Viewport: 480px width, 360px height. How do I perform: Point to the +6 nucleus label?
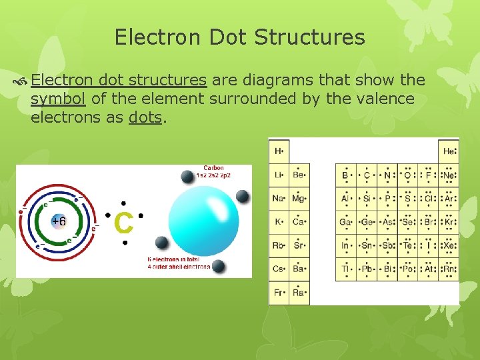(59, 221)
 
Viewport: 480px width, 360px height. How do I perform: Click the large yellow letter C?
(124, 223)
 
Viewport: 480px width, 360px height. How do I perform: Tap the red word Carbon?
(213, 168)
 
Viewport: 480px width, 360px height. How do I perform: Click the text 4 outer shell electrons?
(179, 267)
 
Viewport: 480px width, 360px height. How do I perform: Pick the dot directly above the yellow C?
(123, 203)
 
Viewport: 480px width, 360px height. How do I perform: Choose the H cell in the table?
(279, 151)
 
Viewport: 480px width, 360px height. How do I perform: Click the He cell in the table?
(450, 151)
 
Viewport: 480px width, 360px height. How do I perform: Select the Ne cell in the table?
(450, 175)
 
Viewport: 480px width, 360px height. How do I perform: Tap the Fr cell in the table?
(279, 293)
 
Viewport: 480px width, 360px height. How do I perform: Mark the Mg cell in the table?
(299, 199)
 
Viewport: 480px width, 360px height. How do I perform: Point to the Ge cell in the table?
(366, 222)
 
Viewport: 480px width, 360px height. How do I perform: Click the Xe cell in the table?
(450, 245)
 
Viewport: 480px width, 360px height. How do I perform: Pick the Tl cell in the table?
(346, 269)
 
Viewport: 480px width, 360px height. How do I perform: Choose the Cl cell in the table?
(429, 199)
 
